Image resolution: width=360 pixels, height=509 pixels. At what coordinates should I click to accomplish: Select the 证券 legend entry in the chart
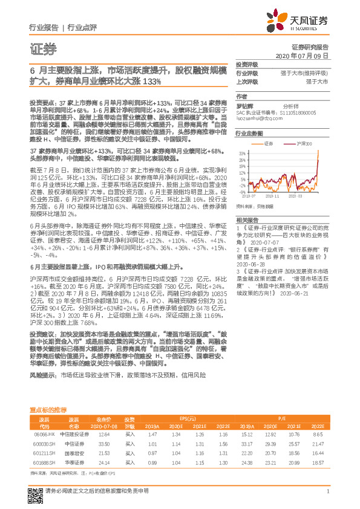click(269, 144)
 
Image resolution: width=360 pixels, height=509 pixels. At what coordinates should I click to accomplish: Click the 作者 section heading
click(241, 96)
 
